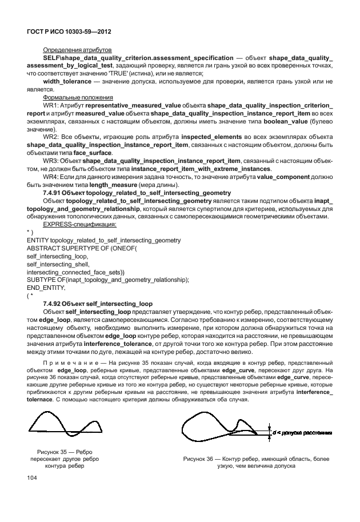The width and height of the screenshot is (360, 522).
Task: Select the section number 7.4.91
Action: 55,193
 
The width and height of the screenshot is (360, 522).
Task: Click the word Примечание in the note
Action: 67,363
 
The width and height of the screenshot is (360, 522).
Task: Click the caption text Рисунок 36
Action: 201,459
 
